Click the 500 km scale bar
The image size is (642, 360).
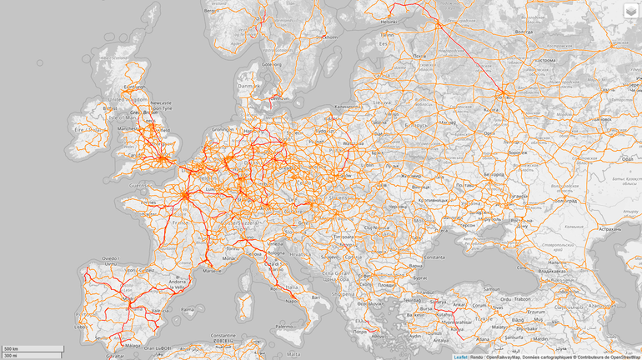32,348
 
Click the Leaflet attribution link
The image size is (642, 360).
460,357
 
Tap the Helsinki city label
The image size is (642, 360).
389,21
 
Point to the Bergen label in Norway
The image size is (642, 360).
215,11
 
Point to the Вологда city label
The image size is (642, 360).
523,31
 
